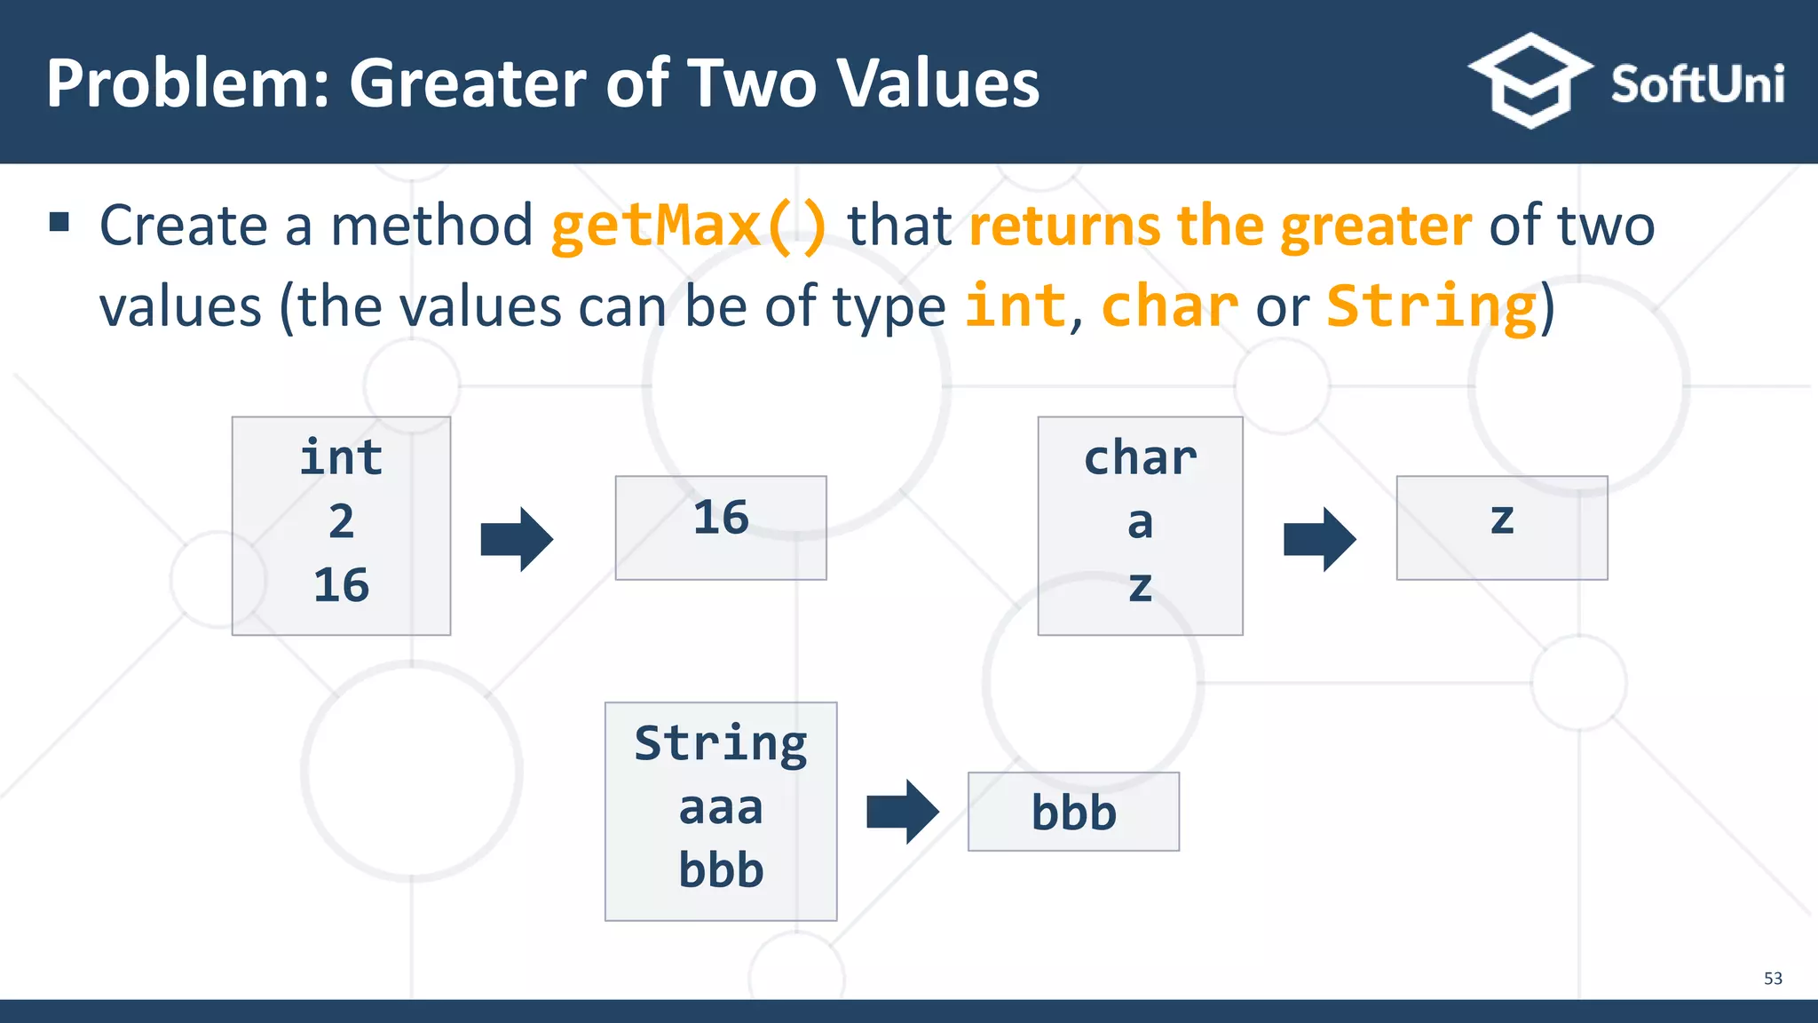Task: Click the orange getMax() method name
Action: tap(689, 226)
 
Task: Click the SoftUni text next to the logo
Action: tap(1696, 85)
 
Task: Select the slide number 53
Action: tap(1772, 979)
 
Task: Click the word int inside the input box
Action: tap(341, 458)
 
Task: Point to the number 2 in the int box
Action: tap(341, 521)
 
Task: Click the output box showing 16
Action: tap(720, 527)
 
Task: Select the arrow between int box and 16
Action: tap(517, 539)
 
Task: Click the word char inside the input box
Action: tap(1140, 458)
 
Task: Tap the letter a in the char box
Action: tap(1140, 523)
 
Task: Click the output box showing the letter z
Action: tap(1501, 527)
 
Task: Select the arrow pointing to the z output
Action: tap(1319, 539)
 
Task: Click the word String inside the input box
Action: tap(720, 743)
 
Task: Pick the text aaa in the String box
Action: tap(720, 808)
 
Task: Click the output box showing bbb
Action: tap(1072, 812)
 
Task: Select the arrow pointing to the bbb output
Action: tap(902, 812)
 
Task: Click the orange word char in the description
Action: tap(1169, 307)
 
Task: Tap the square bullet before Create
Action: tap(59, 222)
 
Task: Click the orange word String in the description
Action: tap(1431, 307)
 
